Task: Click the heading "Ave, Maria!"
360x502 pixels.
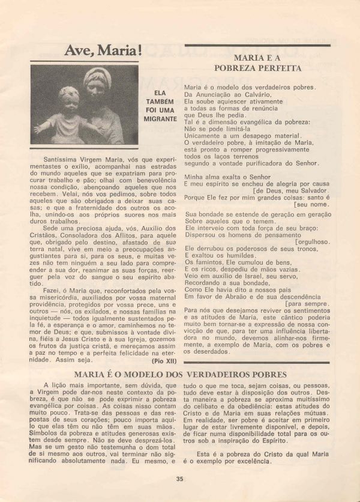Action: tap(103, 50)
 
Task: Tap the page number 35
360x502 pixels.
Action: tap(180, 479)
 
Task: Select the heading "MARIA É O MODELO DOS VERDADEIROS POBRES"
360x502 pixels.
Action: tap(181, 374)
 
